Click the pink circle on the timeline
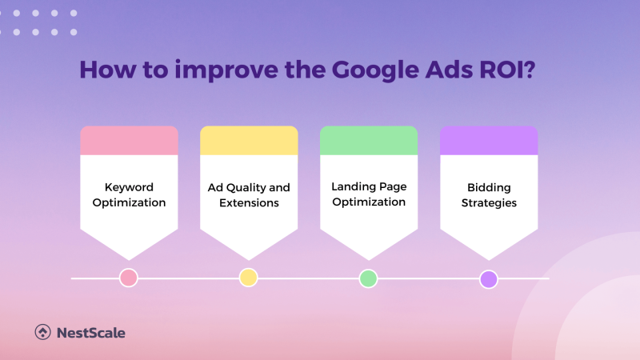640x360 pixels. coord(128,278)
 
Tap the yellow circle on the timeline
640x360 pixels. coord(248,278)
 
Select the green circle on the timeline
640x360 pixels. coord(368,278)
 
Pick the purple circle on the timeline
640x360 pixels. coord(488,278)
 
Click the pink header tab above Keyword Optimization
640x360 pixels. coord(129,141)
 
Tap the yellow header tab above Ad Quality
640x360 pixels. coord(249,141)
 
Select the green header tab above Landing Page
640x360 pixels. coord(369,141)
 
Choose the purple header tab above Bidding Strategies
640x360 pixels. coord(489,141)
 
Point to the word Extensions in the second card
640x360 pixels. coord(249,203)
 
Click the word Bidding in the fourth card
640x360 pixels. coord(489,187)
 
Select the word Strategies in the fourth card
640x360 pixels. coord(489,203)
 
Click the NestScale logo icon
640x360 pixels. coord(43,332)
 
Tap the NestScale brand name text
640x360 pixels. coord(90,332)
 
